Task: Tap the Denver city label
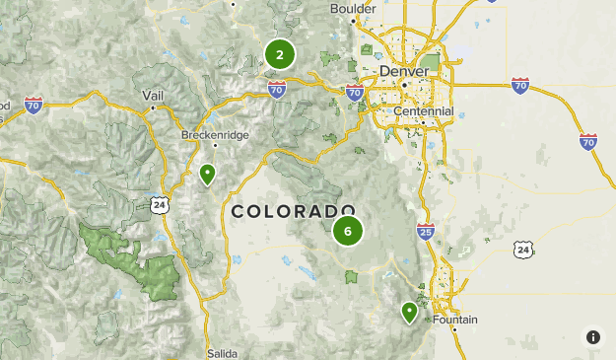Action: click(404, 72)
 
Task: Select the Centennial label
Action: click(423, 111)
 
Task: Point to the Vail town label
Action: click(152, 95)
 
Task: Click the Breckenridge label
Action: click(215, 134)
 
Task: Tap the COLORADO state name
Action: click(293, 211)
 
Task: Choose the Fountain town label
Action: click(454, 320)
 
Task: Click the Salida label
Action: click(223, 352)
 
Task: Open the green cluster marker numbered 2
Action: click(280, 54)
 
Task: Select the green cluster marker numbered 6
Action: click(347, 232)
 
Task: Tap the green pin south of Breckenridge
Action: click(207, 175)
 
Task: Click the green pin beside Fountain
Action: click(409, 313)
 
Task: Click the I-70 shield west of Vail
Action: click(34, 105)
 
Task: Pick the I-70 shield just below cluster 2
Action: click(277, 91)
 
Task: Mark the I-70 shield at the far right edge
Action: click(588, 141)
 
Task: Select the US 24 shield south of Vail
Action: click(159, 204)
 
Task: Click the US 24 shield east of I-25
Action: click(522, 251)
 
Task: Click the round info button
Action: click(593, 337)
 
